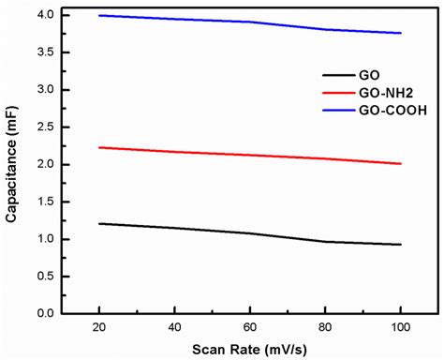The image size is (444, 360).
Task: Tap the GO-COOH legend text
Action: point(384,112)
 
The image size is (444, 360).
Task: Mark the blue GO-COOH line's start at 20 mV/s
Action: point(98,15)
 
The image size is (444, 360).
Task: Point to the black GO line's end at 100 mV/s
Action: point(401,245)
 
